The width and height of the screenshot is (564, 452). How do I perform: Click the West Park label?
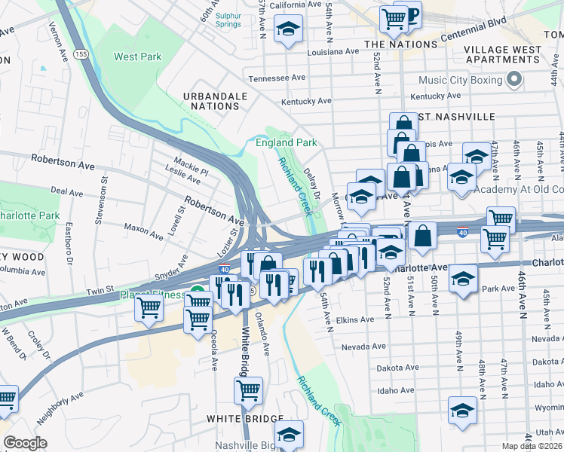click(137, 56)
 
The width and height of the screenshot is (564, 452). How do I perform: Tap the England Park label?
click(286, 142)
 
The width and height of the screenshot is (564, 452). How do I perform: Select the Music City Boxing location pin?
click(516, 79)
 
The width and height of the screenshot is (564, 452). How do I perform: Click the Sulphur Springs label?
click(227, 20)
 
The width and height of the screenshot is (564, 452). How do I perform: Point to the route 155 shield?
click(81, 55)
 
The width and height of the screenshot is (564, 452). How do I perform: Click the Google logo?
click(25, 443)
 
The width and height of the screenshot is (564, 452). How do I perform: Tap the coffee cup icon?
click(409, 14)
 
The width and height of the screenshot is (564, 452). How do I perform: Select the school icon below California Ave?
click(287, 30)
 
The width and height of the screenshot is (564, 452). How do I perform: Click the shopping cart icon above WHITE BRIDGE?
click(248, 390)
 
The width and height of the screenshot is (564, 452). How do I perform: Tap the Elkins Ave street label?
click(355, 320)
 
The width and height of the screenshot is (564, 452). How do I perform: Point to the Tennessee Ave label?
click(277, 78)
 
